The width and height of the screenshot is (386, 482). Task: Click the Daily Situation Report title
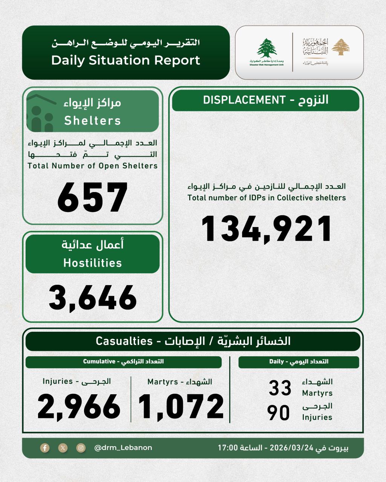[x=126, y=60]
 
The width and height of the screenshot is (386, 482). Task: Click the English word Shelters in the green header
[x=93, y=120]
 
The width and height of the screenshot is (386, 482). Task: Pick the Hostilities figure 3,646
[x=93, y=297]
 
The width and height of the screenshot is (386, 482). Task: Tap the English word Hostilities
[x=93, y=263]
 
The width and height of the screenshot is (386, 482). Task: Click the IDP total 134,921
[x=267, y=229]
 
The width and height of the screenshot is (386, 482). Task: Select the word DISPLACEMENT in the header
[x=244, y=100]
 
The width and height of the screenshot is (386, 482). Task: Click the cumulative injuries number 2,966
[x=79, y=407]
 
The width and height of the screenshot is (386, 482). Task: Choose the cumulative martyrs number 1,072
[x=181, y=407]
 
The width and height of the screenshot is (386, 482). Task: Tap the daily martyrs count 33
[x=280, y=388]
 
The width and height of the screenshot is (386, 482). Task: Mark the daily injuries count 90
[x=279, y=413]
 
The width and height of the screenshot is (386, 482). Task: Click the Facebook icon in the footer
[x=45, y=448]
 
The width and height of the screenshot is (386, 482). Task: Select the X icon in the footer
[x=63, y=448]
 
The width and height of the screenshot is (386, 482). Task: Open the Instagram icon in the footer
[x=81, y=448]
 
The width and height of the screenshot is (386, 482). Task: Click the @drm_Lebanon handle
[x=123, y=448]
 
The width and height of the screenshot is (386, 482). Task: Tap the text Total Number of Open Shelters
[x=93, y=166]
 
